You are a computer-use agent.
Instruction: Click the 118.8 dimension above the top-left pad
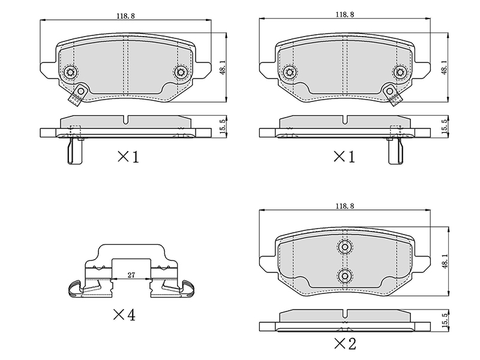click(125, 16)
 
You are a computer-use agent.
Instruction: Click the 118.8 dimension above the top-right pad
click(344, 14)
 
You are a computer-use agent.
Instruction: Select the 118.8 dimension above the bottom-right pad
click(344, 206)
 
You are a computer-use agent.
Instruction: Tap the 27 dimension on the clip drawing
click(131, 275)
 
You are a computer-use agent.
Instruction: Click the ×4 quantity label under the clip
click(124, 314)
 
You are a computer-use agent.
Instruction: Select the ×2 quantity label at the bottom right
click(345, 344)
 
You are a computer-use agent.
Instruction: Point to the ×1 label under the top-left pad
click(128, 157)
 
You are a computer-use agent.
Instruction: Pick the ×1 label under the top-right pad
click(344, 157)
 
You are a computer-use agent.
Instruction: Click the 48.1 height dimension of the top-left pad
click(223, 67)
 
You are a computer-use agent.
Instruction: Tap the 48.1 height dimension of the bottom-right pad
click(445, 261)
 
